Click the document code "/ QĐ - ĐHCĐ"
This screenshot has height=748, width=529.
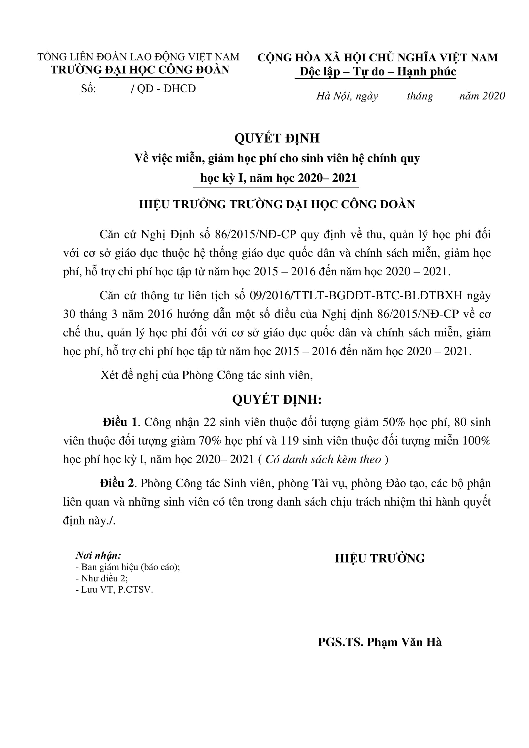coord(163,89)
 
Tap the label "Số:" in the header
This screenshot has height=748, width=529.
coord(89,89)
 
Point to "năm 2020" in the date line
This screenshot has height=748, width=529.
coord(482,96)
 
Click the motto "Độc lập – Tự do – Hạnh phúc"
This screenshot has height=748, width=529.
coord(377,71)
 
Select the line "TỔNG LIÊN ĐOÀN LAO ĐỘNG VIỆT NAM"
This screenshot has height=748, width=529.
coord(138,57)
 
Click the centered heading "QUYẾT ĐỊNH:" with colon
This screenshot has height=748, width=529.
coord(277,399)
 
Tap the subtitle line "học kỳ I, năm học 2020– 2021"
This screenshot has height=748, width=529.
coord(279,178)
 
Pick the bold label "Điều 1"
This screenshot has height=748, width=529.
coord(120,422)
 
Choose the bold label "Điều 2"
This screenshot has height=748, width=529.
coord(117,483)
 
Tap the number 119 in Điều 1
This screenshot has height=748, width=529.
coord(289,441)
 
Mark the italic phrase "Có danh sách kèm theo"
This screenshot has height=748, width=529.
coord(323,459)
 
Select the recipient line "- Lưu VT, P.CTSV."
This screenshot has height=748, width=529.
coord(114,590)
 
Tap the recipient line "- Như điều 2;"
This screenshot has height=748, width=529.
coord(102,578)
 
